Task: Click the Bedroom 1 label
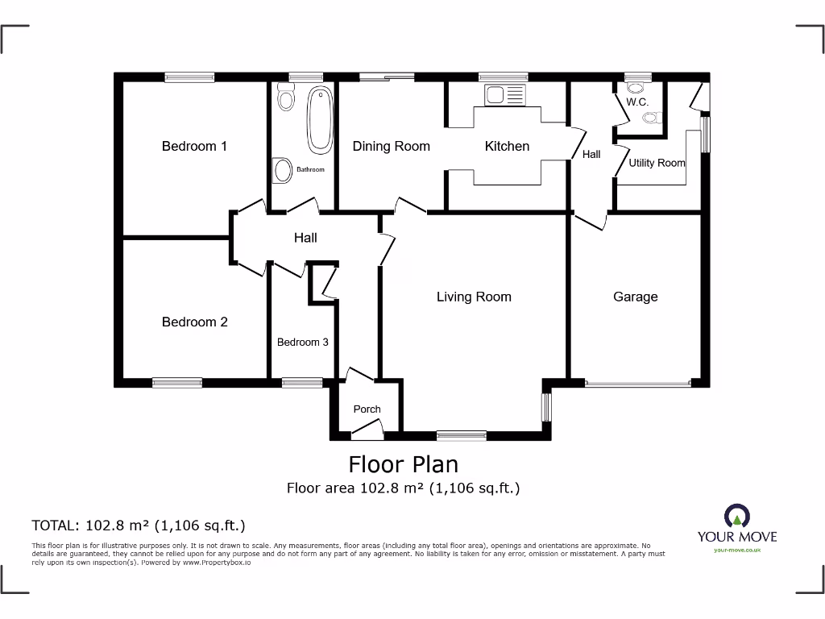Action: [x=194, y=146]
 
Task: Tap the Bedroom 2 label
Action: [x=194, y=322]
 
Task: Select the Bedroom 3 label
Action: [x=302, y=342]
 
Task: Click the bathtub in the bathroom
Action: [x=320, y=120]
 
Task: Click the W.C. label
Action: [x=637, y=102]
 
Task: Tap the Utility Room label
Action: [x=657, y=163]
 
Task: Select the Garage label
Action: [x=635, y=297]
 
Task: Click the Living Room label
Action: [x=474, y=297]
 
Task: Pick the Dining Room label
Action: [x=391, y=146]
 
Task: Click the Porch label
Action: [x=367, y=409]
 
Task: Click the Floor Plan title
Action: [x=403, y=464]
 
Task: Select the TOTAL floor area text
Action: [x=138, y=526]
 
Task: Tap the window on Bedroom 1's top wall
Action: [x=189, y=77]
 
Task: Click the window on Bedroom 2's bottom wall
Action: [x=177, y=383]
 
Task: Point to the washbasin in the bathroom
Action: [x=283, y=170]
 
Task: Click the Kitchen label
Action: [x=507, y=146]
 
